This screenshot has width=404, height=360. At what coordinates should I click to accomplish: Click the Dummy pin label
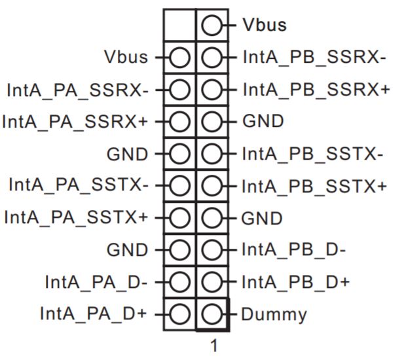coord(274,314)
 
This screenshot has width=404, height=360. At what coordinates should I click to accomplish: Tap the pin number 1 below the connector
coord(213,345)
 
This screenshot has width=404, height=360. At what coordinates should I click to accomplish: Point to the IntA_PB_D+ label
coord(296,282)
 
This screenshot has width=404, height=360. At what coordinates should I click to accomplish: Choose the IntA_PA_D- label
coord(96,282)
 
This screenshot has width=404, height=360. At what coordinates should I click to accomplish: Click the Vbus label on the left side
coord(126,57)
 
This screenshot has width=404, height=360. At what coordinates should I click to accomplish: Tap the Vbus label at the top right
coord(265,25)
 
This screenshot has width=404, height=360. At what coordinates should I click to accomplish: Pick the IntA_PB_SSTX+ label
coord(314,186)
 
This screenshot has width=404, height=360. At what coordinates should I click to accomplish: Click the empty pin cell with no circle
coord(179,26)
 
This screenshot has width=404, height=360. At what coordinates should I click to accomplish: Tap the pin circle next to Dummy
coord(212,314)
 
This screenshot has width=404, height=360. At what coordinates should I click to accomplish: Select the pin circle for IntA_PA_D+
coord(180,314)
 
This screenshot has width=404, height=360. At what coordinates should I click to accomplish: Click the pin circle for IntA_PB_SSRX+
coord(212,90)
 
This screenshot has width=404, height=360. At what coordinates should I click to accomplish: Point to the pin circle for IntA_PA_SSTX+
coord(180,218)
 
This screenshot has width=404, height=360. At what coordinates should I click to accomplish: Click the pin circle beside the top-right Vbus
coord(212,26)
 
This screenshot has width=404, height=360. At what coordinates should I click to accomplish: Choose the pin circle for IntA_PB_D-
coord(212,250)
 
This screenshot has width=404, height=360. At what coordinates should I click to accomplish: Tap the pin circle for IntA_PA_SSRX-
coord(180,90)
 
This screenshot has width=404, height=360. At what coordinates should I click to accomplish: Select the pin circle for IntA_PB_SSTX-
coord(212,154)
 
